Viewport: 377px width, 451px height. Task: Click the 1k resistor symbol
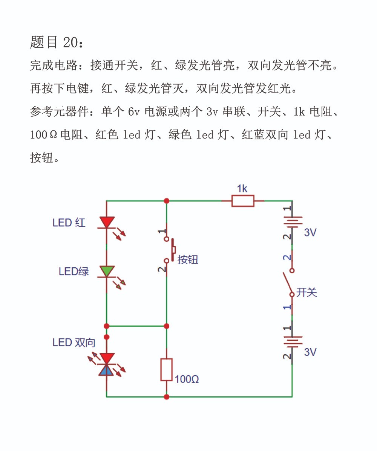pos(243,201)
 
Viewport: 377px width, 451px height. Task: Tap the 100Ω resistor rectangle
pos(167,370)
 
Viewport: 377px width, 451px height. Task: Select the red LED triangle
pos(107,222)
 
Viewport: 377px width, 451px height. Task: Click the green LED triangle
pos(107,271)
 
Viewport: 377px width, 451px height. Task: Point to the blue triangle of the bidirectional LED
pos(106,370)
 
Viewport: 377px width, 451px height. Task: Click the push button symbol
pos(170,250)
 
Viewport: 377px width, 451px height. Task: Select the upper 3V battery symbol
pos(292,222)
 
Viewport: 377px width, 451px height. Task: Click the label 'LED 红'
pos(69,222)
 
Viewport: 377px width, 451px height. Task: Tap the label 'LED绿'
pos(74,271)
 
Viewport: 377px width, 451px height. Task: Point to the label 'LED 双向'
pos(74,342)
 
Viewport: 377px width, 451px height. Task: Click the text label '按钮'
pos(188,259)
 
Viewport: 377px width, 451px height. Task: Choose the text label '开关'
pos(307,292)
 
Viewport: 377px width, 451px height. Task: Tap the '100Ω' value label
pos(187,379)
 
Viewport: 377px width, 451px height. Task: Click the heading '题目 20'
pos(57,42)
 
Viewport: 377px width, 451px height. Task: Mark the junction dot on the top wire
pos(167,201)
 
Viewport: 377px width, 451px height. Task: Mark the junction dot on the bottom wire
pos(167,397)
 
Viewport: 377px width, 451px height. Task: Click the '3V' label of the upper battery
pos(310,232)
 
